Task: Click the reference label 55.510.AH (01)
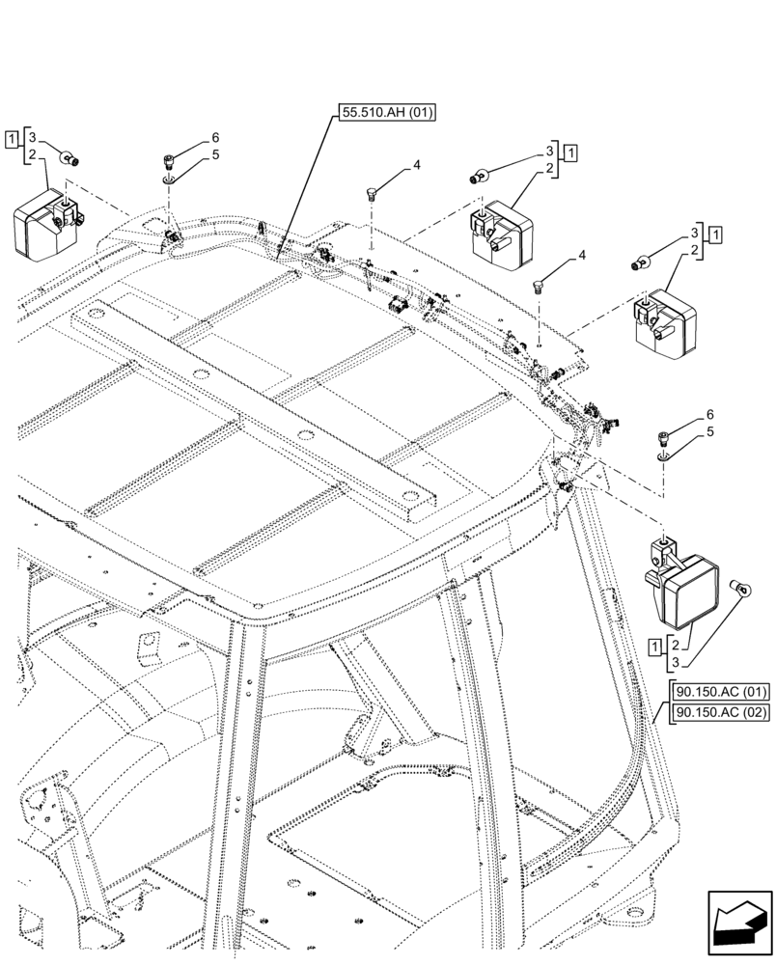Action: coord(387,113)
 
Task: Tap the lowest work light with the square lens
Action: coord(683,588)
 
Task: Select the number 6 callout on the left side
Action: coord(216,137)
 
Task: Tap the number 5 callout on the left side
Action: coord(216,153)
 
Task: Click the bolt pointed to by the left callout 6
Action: coord(170,161)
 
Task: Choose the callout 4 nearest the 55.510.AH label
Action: coord(416,166)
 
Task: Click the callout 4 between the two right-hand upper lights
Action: coord(581,256)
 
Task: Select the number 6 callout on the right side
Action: coord(709,414)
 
